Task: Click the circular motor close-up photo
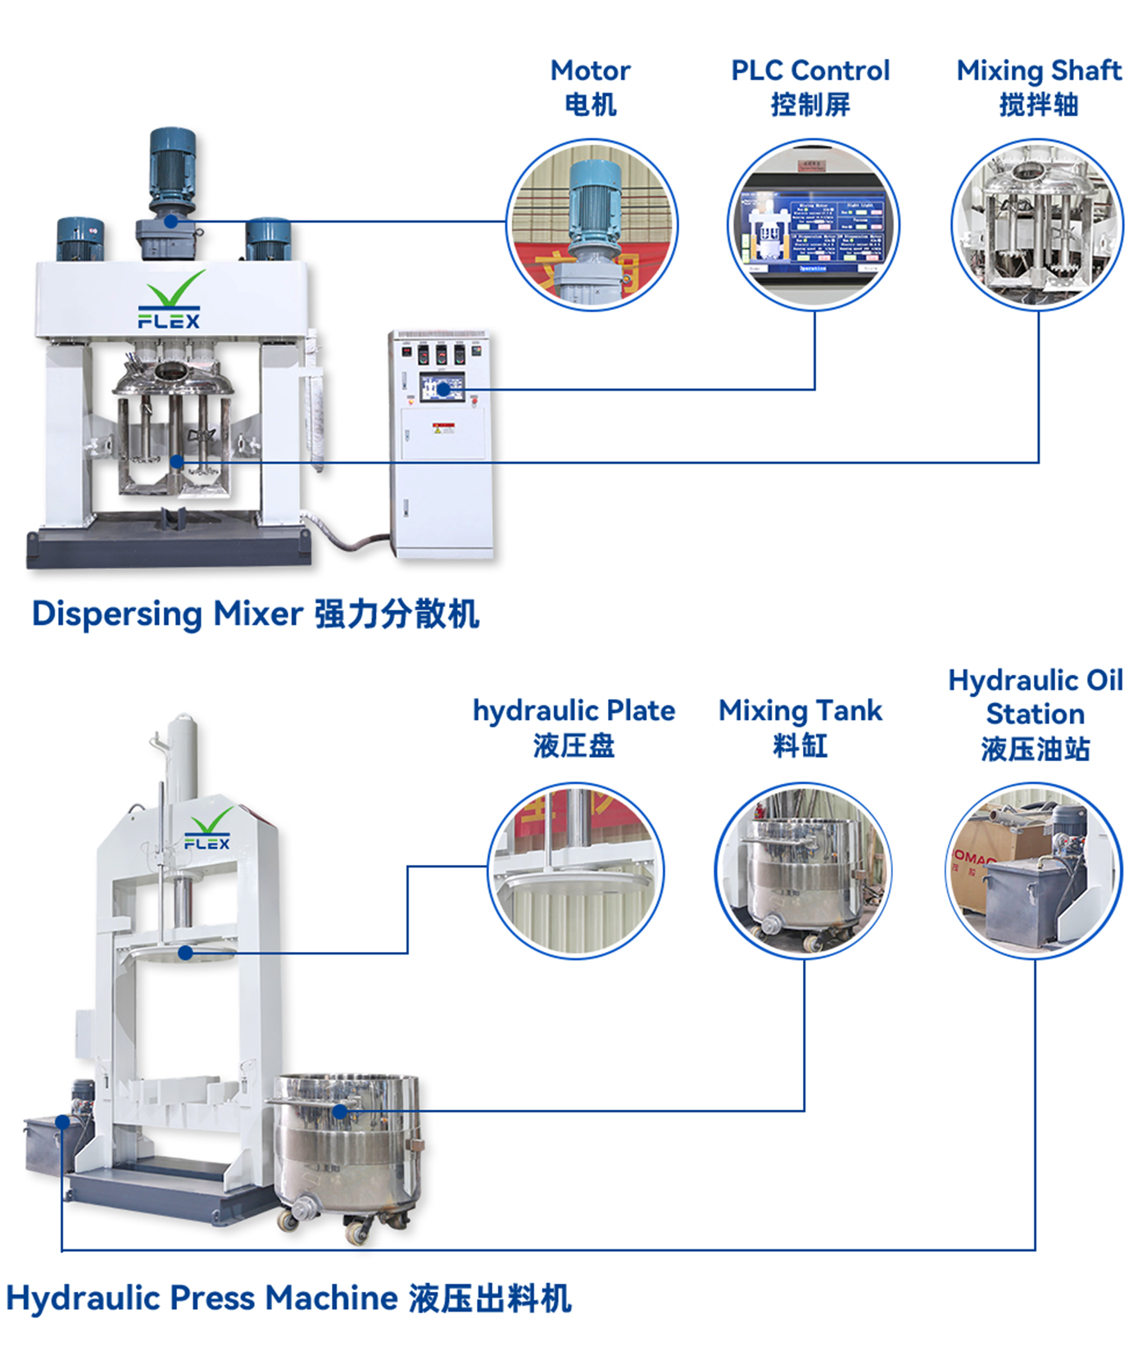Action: pyautogui.click(x=592, y=224)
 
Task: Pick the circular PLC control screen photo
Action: pyautogui.click(x=814, y=224)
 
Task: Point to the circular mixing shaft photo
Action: pyautogui.click(x=1037, y=224)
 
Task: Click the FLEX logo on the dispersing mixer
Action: pyautogui.click(x=170, y=301)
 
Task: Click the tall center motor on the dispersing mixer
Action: pyautogui.click(x=171, y=176)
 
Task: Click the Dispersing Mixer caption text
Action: pyautogui.click(x=255, y=614)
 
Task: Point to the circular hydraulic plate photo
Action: pyautogui.click(x=575, y=870)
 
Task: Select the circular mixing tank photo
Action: pyautogui.click(x=803, y=870)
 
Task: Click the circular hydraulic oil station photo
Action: pyautogui.click(x=1034, y=870)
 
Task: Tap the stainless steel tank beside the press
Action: pyautogui.click(x=348, y=1147)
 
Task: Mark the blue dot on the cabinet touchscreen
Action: pyautogui.click(x=443, y=389)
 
